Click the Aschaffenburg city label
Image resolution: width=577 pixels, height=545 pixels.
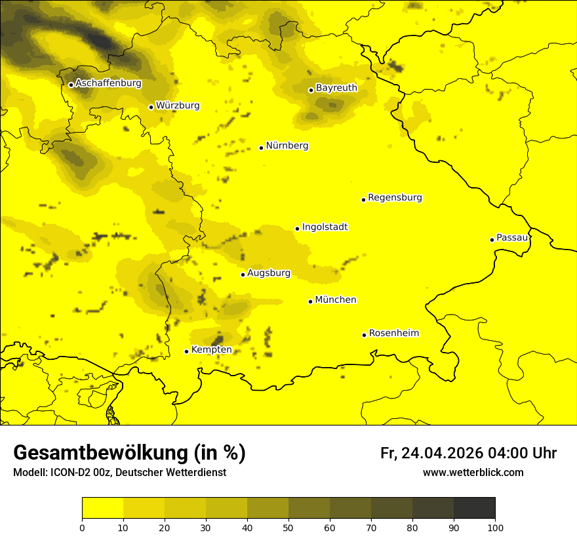(x=108, y=83)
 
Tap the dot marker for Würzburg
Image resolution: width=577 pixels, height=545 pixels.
(x=151, y=107)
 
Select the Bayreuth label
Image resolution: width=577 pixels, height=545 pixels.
(x=336, y=87)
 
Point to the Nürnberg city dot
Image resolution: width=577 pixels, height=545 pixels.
(x=261, y=148)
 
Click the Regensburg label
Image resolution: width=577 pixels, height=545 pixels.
(x=395, y=198)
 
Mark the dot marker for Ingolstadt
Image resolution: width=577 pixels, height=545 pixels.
(x=297, y=229)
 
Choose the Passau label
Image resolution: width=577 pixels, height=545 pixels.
(x=512, y=238)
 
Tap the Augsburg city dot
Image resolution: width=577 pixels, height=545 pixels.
(x=243, y=274)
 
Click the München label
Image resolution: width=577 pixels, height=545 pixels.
(x=336, y=300)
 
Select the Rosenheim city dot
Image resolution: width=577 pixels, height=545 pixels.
(x=364, y=335)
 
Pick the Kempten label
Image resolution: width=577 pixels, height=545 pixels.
(x=211, y=350)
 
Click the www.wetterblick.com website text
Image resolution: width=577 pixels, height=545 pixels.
(x=473, y=473)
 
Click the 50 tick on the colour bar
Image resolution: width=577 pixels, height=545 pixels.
(x=288, y=527)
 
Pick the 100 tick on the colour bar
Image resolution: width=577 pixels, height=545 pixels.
(x=494, y=527)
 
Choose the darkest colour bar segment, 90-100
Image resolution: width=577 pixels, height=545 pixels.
(x=474, y=508)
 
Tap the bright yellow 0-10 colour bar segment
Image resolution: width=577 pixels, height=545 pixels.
(x=102, y=508)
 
